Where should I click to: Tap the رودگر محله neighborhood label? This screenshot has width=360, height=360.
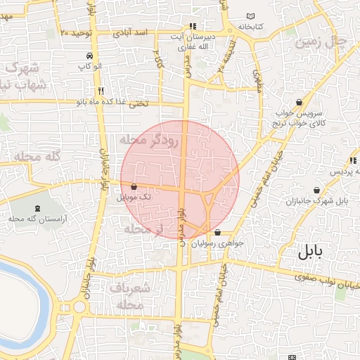coord(150,140)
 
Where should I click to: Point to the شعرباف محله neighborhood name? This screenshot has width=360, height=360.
coord(130,296)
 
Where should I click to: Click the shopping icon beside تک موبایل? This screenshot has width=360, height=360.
coord(134,187)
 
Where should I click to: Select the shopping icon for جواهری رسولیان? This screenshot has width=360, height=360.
coord(217,232)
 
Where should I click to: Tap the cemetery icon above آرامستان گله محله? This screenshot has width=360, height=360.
coord(37,208)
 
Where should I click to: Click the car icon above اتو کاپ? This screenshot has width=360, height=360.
coord(89,56)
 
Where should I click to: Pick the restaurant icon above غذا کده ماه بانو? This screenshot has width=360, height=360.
coord(102,91)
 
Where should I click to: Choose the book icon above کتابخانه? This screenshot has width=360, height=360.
coord(252,17)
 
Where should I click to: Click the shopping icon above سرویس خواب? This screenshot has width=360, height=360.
coord(300,102)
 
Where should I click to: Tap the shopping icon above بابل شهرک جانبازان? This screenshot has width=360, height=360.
coord(317,190)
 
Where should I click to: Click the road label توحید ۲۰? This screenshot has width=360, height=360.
coord(77,33)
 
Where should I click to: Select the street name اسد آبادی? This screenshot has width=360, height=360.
coord(131,33)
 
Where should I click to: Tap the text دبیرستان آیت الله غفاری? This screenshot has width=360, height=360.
coord(193,40)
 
